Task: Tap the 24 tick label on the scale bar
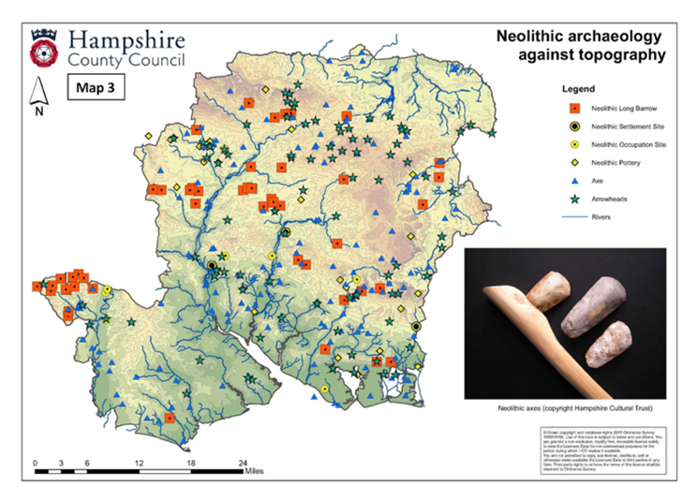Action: tap(243, 463)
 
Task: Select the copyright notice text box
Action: tap(600, 447)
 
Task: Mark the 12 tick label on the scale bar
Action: tap(139, 463)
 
